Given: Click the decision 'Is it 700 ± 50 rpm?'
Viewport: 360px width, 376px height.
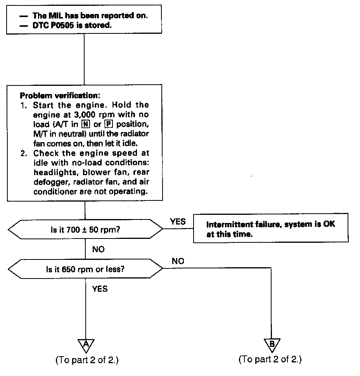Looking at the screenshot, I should [x=85, y=230].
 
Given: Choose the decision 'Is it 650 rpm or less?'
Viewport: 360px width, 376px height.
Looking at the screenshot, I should [x=85, y=268].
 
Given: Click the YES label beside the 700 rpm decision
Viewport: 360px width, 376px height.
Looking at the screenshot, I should [x=178, y=221].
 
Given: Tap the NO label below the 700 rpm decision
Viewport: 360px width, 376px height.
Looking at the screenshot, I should [x=98, y=249].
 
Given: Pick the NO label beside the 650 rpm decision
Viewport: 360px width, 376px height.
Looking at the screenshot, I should [x=178, y=261].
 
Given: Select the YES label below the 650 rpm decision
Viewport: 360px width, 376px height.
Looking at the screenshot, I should [x=100, y=289].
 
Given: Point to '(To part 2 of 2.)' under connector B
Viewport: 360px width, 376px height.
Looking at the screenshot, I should [x=270, y=359].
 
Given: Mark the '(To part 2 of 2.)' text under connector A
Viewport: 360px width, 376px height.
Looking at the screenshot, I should [x=87, y=360].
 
